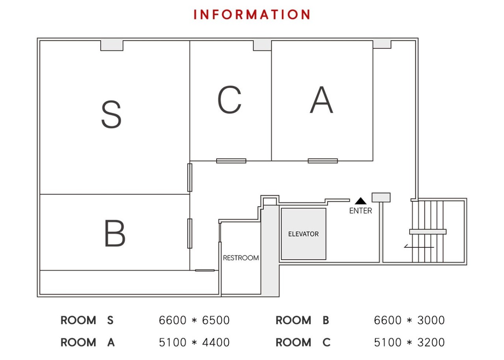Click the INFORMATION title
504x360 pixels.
252,15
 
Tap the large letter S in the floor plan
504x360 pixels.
111,115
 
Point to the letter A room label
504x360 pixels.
321,100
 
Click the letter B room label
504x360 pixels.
115,234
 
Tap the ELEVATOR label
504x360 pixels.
303,234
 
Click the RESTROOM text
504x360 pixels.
241,258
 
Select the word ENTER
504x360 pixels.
360,211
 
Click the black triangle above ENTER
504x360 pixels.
360,201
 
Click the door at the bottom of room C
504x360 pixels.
231,161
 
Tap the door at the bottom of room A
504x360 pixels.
322,161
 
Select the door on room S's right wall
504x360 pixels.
189,177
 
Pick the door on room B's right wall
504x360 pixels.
189,233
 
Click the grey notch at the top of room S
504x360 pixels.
112,46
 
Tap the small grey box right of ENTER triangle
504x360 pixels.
381,197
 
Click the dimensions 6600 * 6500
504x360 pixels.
194,320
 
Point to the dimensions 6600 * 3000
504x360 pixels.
409,320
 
